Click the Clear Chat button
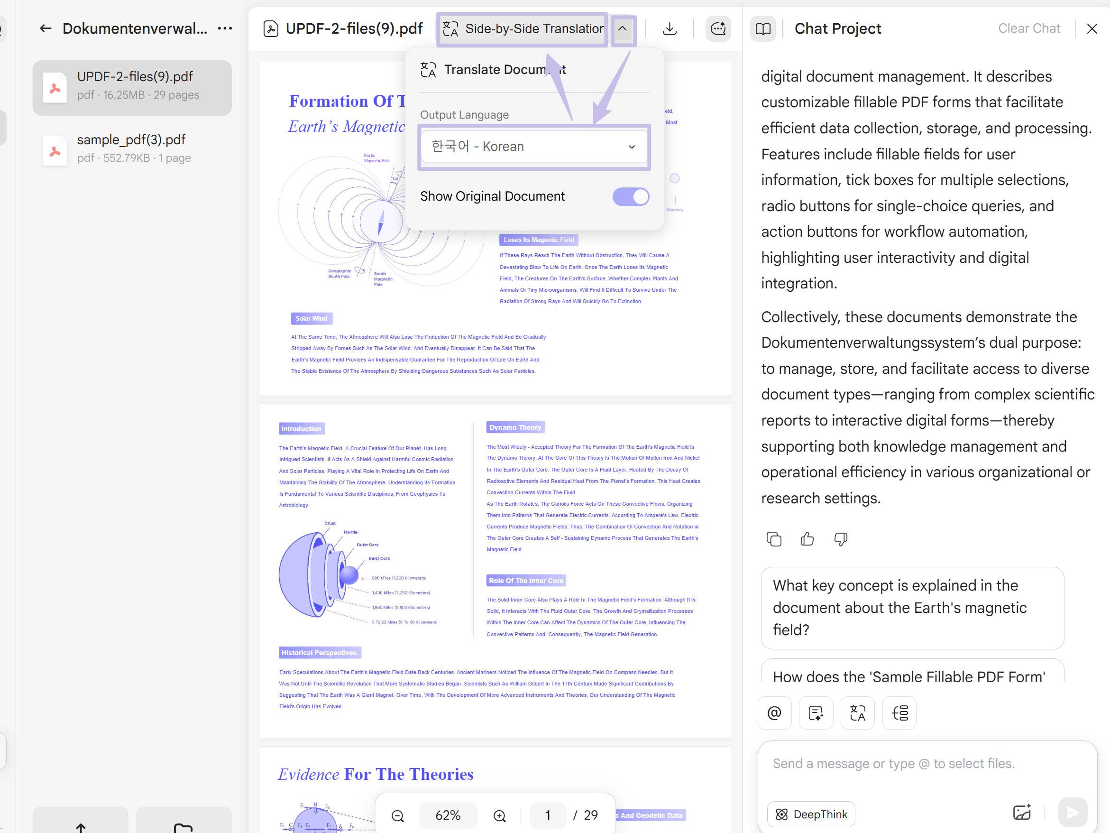[x=1029, y=28]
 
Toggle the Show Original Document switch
[x=630, y=197]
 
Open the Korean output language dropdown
[x=533, y=147]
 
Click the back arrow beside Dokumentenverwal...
[x=46, y=28]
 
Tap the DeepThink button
[x=811, y=814]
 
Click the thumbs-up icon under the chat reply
[x=807, y=539]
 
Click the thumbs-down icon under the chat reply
[x=841, y=539]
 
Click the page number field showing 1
[x=548, y=815]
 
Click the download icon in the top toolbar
[x=670, y=28]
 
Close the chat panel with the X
[x=1092, y=28]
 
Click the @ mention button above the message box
[x=774, y=713]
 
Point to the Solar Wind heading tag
[x=311, y=318]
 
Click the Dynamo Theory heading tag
[x=515, y=427]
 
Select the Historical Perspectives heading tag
[x=319, y=653]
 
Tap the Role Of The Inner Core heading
[x=526, y=581]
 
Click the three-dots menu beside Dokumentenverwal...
[x=225, y=28]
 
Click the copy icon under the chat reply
[x=774, y=539]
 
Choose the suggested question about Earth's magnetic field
[x=912, y=608]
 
